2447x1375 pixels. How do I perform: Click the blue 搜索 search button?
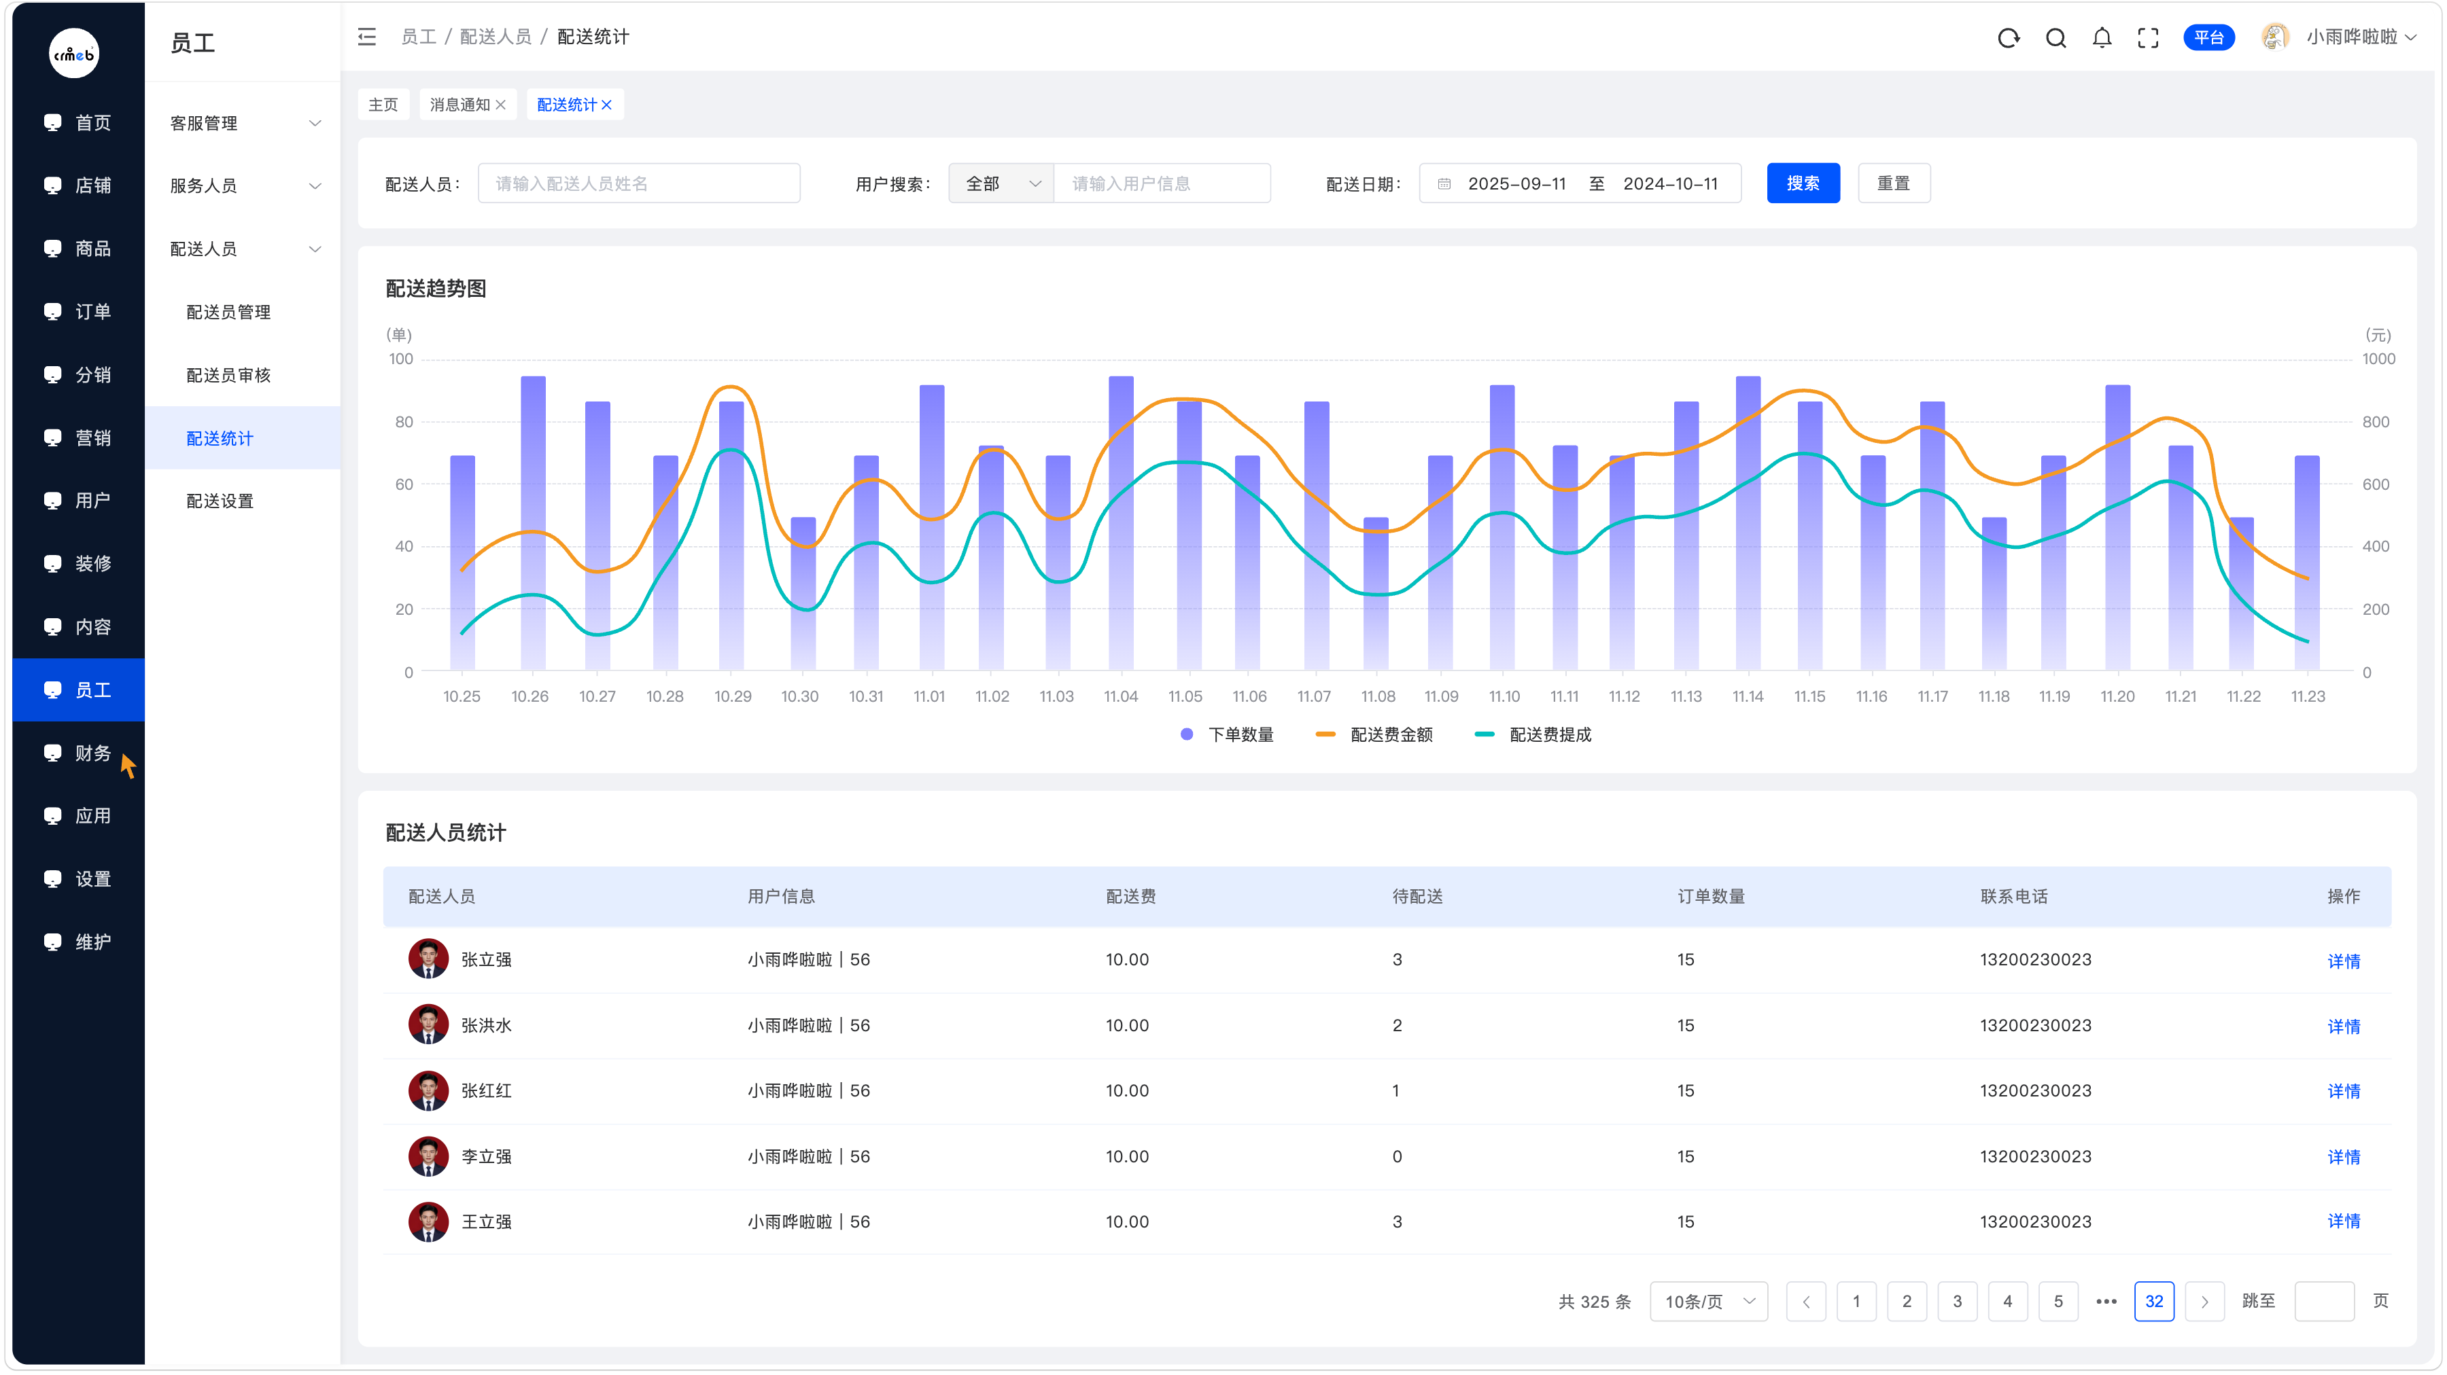tap(1802, 183)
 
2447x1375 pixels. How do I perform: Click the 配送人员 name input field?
tap(638, 183)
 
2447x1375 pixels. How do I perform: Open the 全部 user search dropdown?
tap(1001, 183)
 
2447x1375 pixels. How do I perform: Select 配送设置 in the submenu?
tap(220, 501)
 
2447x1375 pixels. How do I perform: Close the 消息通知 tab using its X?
tap(500, 105)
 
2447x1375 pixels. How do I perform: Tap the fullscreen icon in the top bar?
tap(2149, 37)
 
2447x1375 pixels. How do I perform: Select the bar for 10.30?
tap(803, 594)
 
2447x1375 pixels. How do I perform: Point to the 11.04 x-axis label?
tap(1121, 696)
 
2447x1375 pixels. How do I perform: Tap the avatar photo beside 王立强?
tap(428, 1222)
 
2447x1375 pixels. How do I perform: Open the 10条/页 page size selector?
tap(1709, 1301)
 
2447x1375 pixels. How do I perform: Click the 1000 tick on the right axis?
tap(2378, 359)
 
